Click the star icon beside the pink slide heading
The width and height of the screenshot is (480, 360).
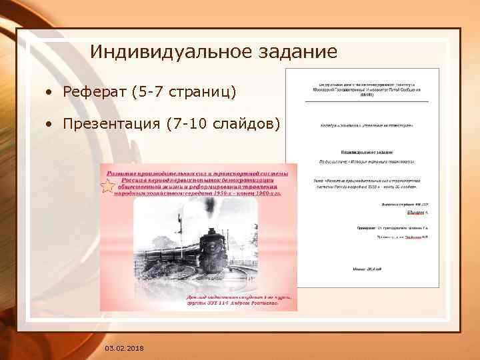pyautogui.click(x=107, y=186)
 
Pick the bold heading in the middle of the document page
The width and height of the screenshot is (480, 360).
pyautogui.click(x=363, y=152)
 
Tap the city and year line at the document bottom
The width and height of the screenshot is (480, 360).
pyautogui.click(x=363, y=269)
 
